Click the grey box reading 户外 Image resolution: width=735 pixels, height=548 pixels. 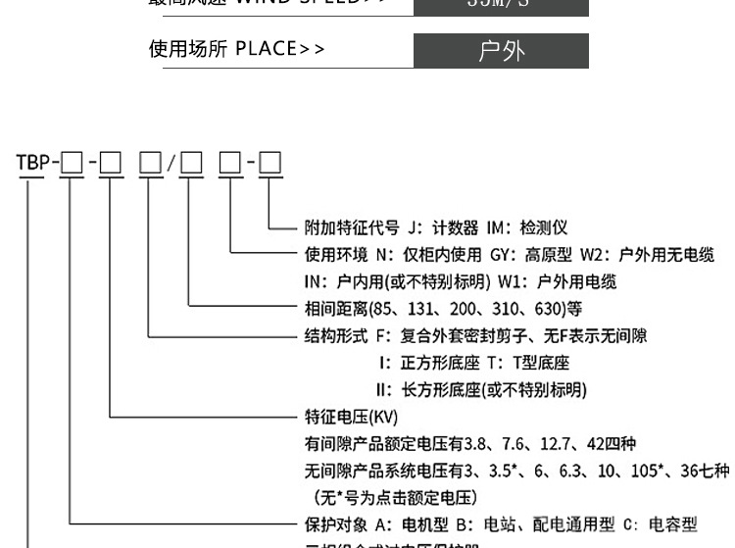click(x=501, y=51)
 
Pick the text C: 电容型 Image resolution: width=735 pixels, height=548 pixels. click(x=661, y=524)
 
